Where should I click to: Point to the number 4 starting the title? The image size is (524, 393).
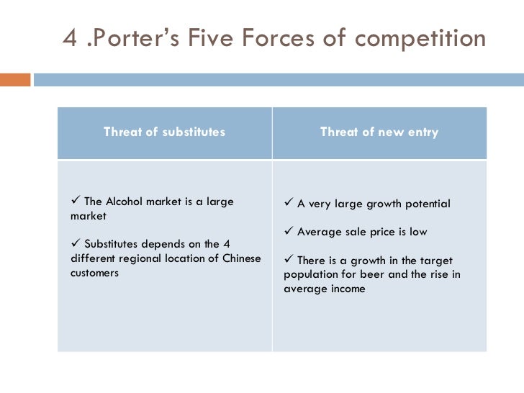point(70,37)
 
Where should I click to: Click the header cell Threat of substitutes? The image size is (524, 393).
point(164,132)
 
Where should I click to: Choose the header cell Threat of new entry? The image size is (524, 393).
point(379,132)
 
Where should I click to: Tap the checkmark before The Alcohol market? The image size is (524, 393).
point(76,202)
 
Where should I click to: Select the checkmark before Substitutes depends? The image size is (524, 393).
point(76,244)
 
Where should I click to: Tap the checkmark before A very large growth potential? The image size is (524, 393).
point(288,204)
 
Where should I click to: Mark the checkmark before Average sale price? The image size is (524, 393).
point(288,232)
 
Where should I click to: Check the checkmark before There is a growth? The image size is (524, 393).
point(288,260)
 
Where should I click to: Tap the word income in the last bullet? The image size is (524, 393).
point(347,289)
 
